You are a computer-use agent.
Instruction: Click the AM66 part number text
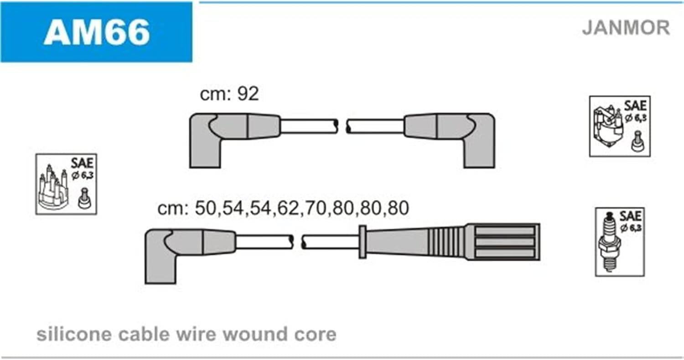coord(97,32)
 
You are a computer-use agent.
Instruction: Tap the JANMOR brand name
coord(626,27)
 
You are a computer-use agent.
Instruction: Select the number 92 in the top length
coord(248,94)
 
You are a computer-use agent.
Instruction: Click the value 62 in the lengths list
coord(288,208)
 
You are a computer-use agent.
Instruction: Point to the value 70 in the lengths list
coord(315,208)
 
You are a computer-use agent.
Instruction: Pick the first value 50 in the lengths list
coord(206,208)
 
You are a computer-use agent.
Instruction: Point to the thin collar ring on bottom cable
coord(363,242)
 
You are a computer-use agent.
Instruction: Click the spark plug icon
coord(609,242)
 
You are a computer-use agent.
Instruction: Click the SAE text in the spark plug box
coord(630,216)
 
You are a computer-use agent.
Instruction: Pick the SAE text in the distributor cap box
coord(82,163)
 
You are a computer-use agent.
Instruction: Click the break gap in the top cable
coord(342,126)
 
